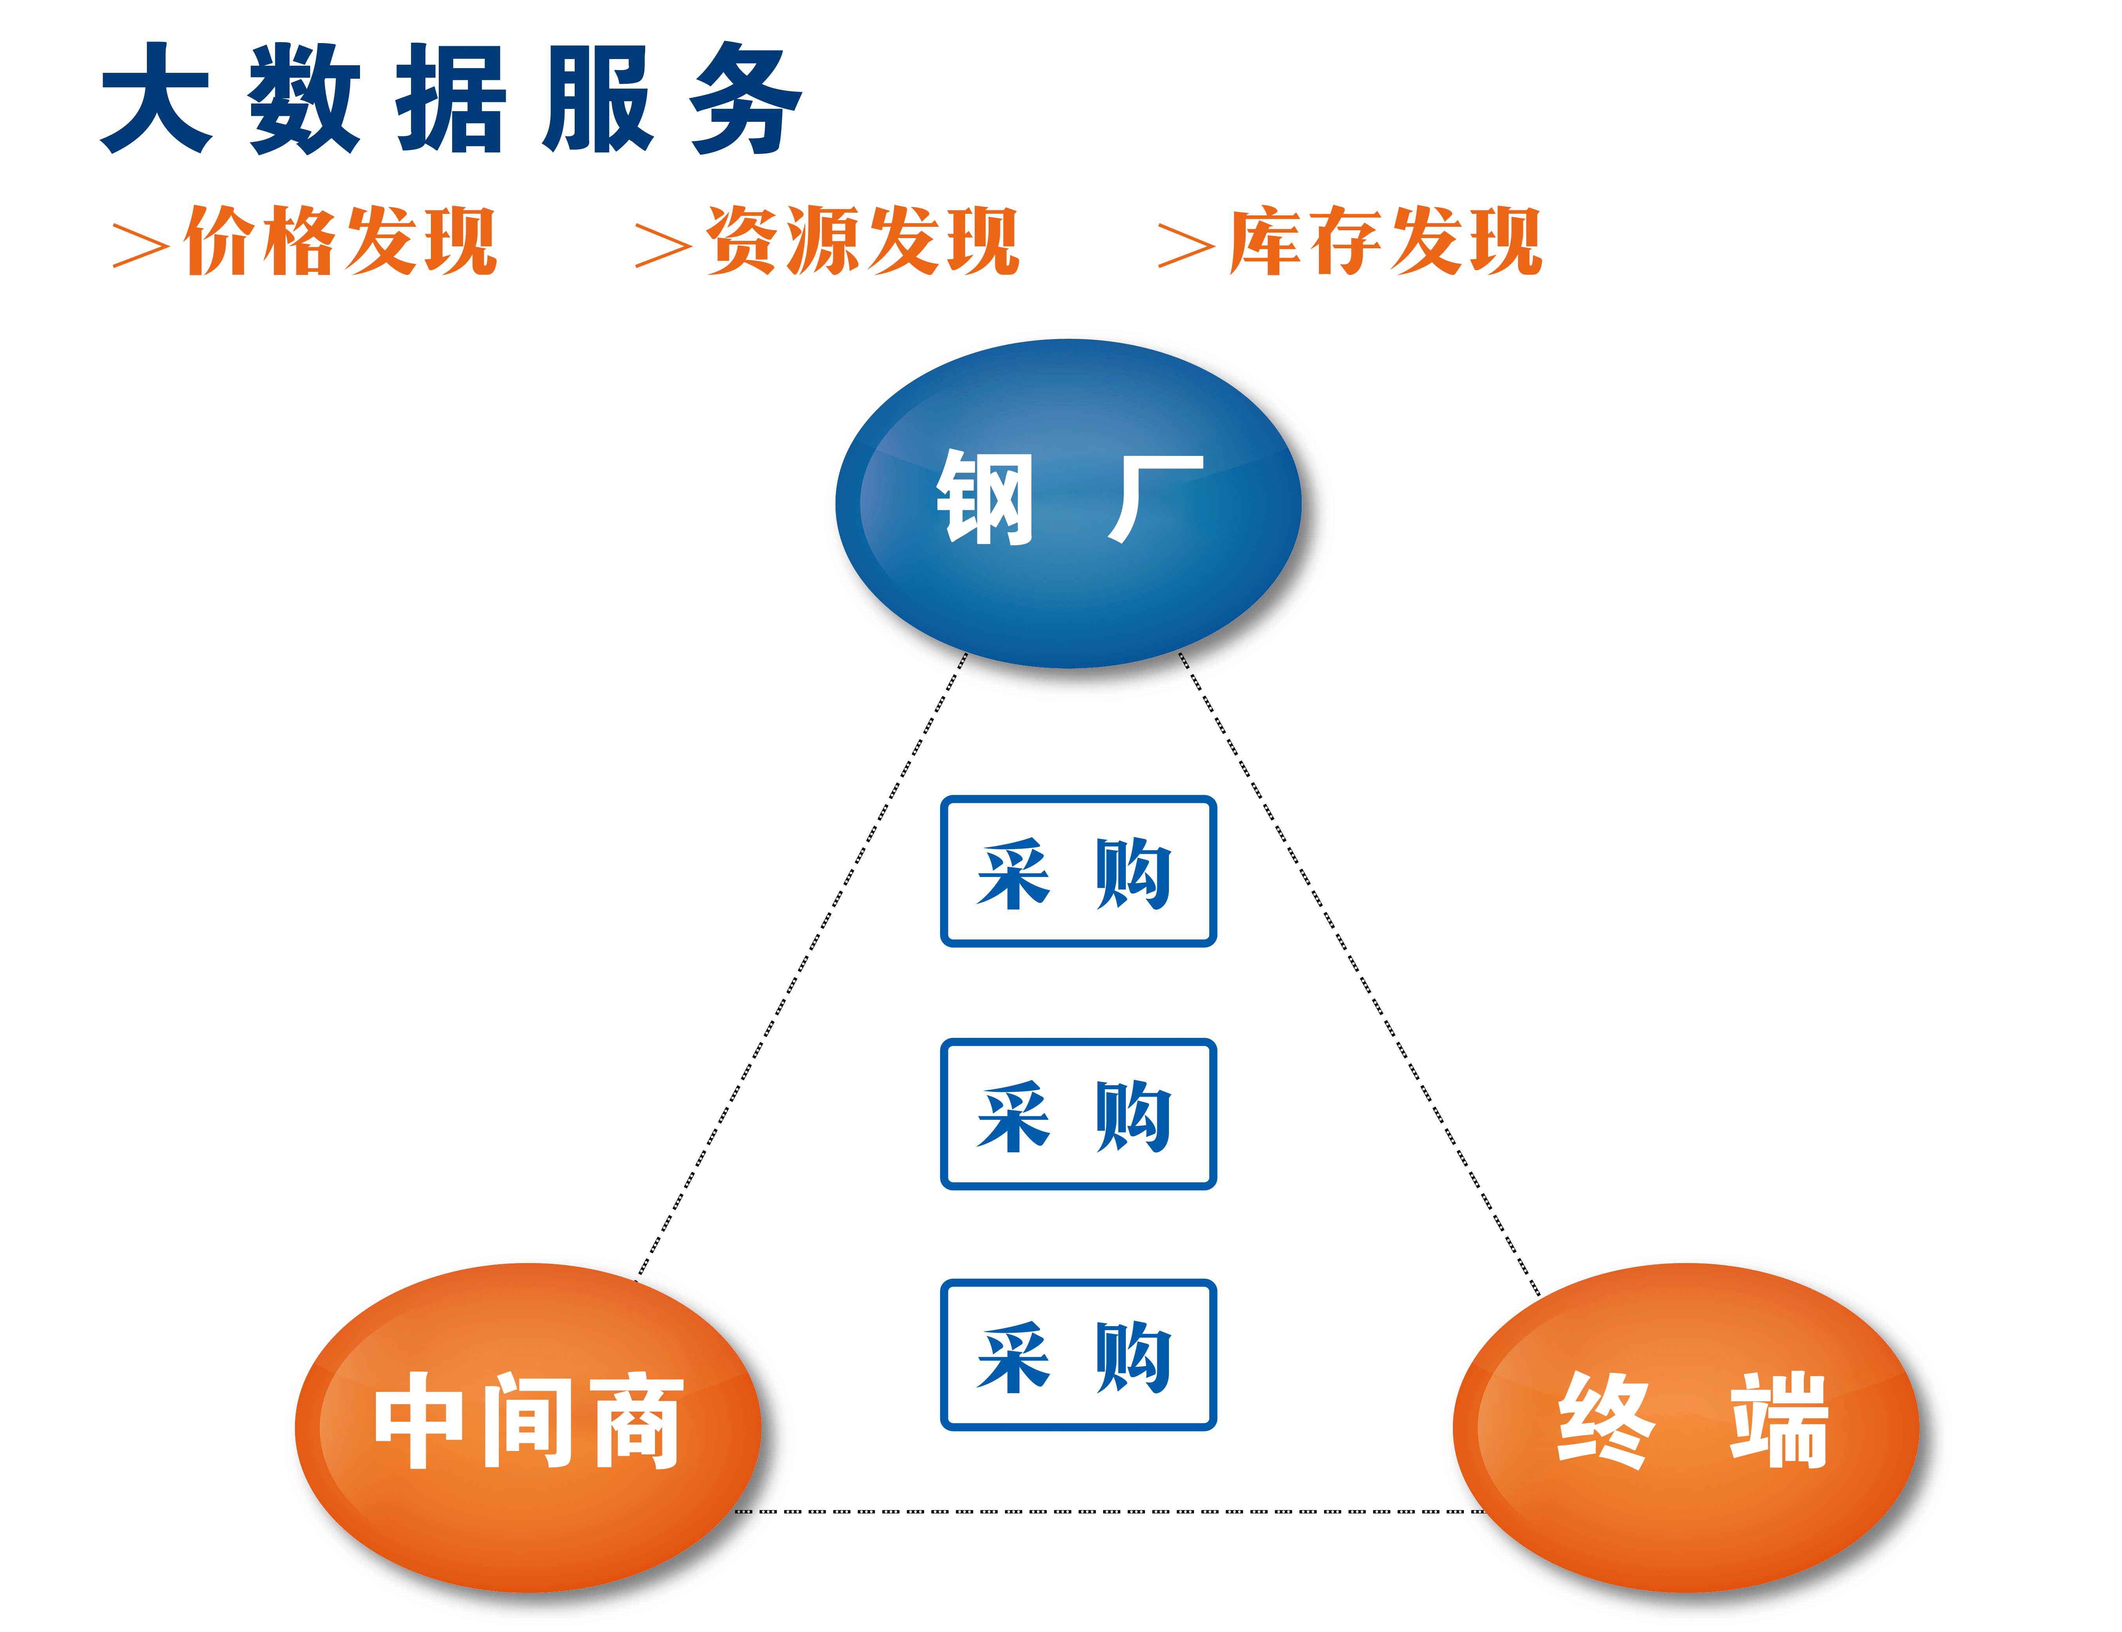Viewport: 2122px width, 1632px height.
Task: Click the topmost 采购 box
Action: point(1078,871)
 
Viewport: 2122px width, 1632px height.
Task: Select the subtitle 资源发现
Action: point(863,241)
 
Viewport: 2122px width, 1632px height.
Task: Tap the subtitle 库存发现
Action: point(1386,241)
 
